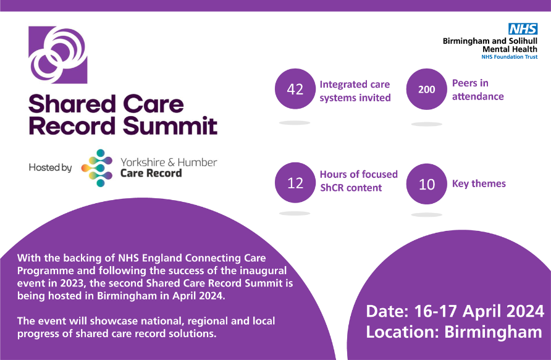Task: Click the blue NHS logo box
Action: tap(523, 28)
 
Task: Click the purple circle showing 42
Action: tap(295, 90)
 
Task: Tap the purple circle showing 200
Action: tap(427, 90)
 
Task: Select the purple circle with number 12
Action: tap(295, 183)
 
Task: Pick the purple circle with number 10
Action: tap(427, 183)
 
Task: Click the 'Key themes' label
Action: tap(479, 183)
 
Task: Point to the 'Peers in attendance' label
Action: tap(477, 90)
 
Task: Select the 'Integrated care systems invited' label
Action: tap(355, 91)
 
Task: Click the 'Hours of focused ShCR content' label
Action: tap(358, 181)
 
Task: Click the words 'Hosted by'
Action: tap(50, 167)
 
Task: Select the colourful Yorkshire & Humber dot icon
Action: tap(96, 167)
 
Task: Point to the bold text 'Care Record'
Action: tap(151, 174)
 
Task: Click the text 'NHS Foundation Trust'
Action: tap(509, 57)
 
